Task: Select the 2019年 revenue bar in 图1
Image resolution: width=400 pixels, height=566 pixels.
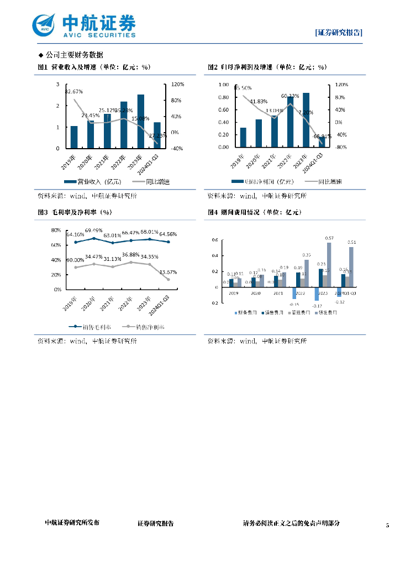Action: (74, 137)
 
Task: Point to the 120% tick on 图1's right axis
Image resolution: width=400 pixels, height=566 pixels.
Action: (177, 85)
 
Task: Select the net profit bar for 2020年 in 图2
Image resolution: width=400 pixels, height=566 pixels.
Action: (259, 133)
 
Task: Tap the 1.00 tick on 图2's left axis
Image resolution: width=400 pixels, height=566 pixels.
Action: (223, 85)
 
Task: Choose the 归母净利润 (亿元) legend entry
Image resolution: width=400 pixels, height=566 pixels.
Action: (263, 182)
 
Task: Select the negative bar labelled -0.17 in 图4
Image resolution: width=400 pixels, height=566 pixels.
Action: (317, 294)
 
